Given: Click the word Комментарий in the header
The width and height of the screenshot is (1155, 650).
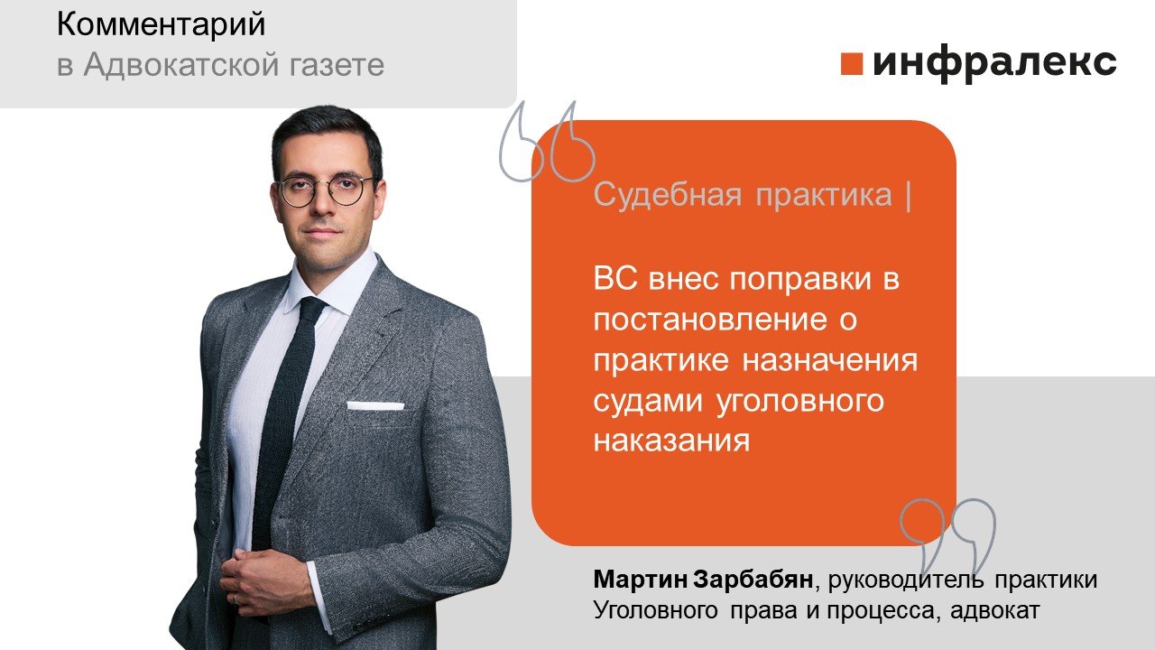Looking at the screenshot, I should click(x=162, y=25).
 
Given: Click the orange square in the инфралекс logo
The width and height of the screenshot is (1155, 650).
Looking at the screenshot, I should click(x=853, y=63).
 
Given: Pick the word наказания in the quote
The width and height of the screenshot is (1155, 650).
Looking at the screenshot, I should click(x=672, y=441).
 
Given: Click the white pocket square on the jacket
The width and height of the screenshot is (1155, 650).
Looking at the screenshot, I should click(x=375, y=405).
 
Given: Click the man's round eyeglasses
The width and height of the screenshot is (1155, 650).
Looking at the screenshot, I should click(x=325, y=190).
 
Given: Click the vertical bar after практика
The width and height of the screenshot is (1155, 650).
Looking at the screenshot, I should click(x=906, y=196).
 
